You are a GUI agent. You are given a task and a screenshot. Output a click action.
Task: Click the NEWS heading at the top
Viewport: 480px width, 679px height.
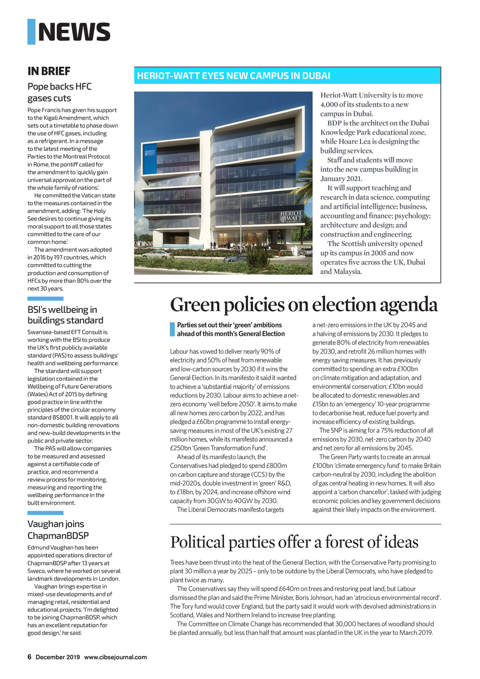pyautogui.click(x=74, y=32)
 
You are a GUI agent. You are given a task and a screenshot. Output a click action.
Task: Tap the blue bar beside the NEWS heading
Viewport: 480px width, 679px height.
pyautogui.click(x=31, y=32)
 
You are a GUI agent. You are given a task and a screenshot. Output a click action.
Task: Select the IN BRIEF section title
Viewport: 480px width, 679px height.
pyautogui.click(x=49, y=71)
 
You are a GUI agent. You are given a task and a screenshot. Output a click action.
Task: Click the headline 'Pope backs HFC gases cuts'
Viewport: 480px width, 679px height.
pyautogui.click(x=60, y=92)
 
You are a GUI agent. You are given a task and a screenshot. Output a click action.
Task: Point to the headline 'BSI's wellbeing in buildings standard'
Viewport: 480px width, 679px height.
pyautogui.click(x=65, y=315)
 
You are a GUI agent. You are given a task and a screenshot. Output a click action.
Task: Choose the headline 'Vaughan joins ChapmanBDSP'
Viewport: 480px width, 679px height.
pyautogui.click(x=58, y=530)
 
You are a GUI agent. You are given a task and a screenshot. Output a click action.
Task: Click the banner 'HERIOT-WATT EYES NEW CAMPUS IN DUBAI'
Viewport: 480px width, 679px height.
pyautogui.click(x=233, y=76)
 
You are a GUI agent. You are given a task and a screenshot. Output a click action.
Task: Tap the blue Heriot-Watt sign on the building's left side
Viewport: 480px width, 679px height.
pyautogui.click(x=150, y=160)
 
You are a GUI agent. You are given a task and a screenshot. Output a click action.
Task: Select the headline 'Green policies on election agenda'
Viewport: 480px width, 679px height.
pyautogui.click(x=304, y=305)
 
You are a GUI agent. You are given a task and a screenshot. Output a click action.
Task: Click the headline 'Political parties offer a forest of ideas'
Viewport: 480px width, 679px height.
pyautogui.click(x=294, y=542)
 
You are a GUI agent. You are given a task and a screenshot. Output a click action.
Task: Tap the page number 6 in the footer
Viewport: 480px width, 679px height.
pyautogui.click(x=29, y=657)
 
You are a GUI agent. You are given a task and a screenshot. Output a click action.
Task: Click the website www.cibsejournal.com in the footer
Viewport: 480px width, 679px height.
pyautogui.click(x=115, y=657)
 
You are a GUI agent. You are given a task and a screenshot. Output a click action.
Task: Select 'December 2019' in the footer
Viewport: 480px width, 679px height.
pyautogui.click(x=58, y=657)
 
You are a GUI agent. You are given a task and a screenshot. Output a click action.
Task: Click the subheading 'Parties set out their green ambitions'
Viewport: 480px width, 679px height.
pyautogui.click(x=230, y=329)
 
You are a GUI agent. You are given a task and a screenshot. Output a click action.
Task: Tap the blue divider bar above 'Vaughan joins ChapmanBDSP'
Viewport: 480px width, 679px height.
pyautogui.click(x=45, y=513)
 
